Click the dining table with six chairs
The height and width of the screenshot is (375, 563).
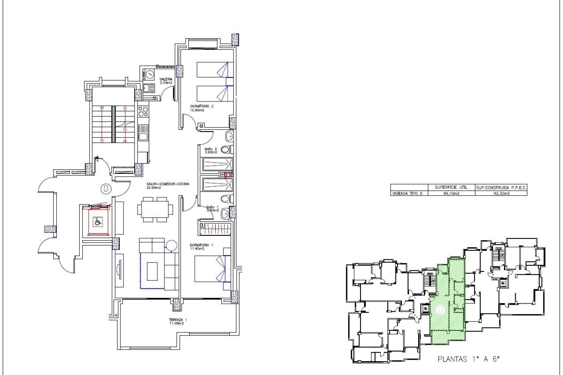[x=155, y=209]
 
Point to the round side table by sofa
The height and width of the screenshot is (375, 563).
[x=172, y=245]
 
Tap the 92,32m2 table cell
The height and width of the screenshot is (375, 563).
[x=501, y=193]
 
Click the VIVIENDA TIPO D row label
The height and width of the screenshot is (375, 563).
[x=408, y=193]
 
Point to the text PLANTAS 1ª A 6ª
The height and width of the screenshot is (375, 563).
[x=468, y=359]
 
